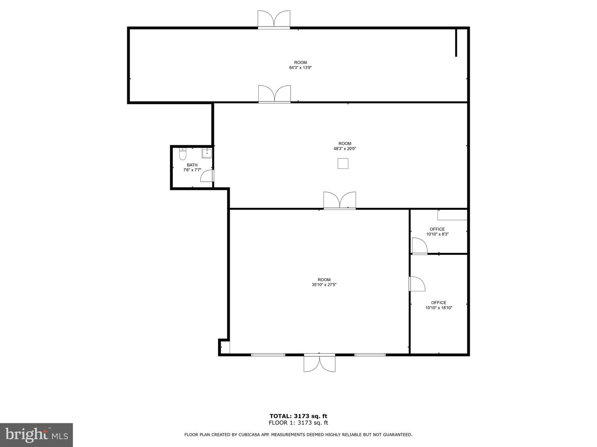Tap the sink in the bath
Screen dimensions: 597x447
point(207,153)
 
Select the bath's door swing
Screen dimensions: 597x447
point(207,175)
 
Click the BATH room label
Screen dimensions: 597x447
point(192,165)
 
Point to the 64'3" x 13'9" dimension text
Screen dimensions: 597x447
point(300,67)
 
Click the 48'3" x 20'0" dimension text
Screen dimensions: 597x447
point(345,149)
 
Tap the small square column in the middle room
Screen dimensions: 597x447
point(343,163)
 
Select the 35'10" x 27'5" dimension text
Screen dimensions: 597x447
point(324,285)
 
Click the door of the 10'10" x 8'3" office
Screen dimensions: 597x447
point(420,246)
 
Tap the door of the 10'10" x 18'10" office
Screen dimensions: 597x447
point(417,284)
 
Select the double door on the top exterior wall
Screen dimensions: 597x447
point(274,19)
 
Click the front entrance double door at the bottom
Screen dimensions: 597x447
point(319,363)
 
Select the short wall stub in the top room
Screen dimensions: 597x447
point(456,42)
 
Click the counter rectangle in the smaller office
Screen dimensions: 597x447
point(452,215)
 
